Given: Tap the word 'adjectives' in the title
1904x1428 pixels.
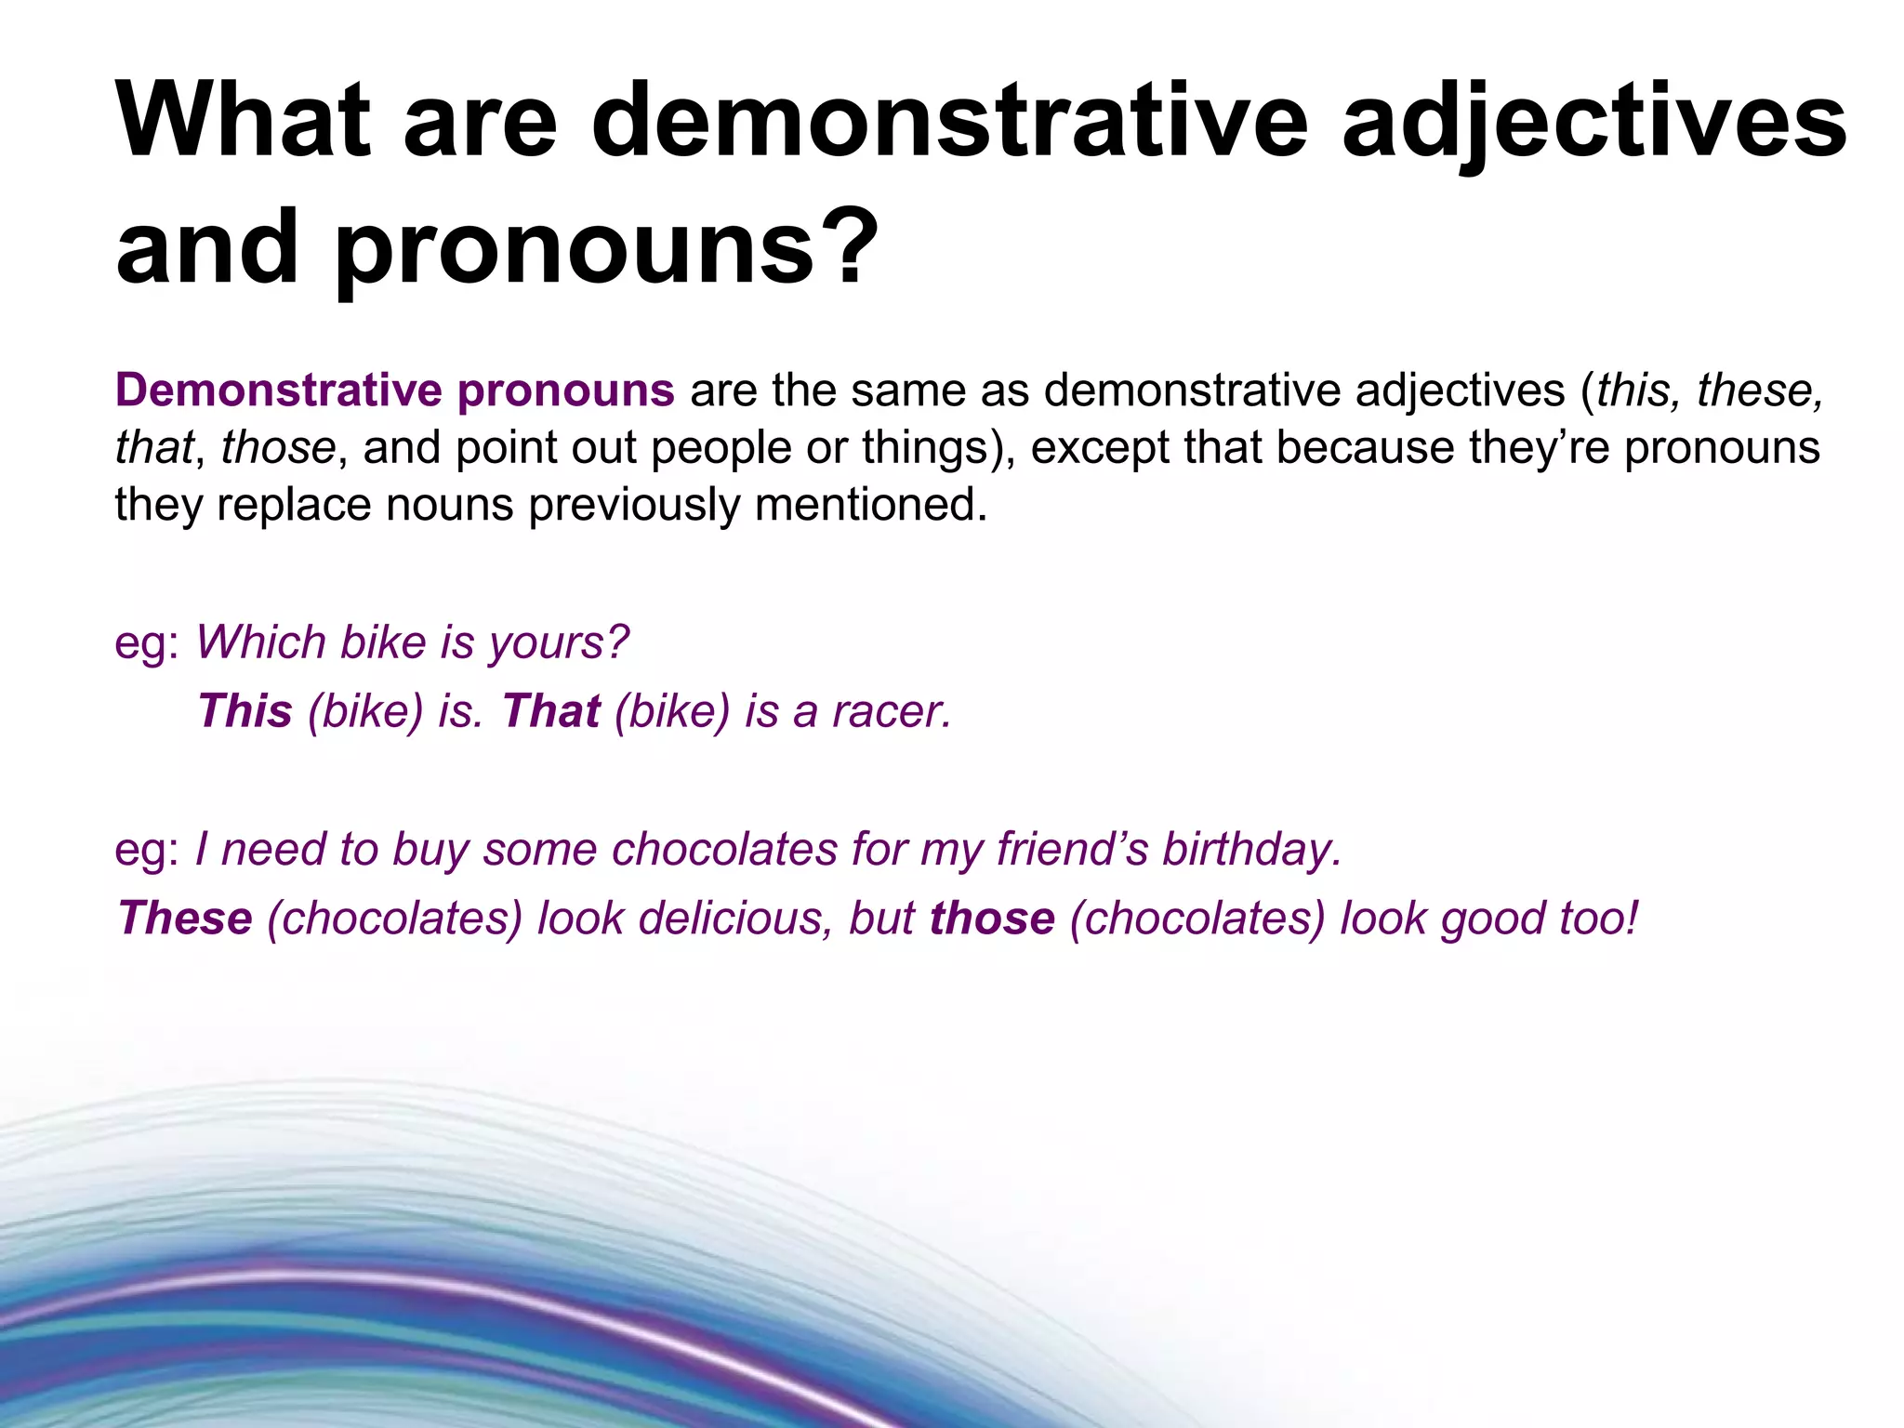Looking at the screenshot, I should [1593, 121].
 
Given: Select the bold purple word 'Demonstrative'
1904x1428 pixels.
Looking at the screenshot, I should [278, 390].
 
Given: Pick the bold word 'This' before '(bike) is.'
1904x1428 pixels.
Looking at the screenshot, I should [245, 711].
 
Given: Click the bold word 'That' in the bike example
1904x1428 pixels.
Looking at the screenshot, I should [551, 711].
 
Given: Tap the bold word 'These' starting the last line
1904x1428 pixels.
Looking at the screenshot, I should [185, 919].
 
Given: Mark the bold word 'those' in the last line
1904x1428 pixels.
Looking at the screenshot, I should [992, 919].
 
